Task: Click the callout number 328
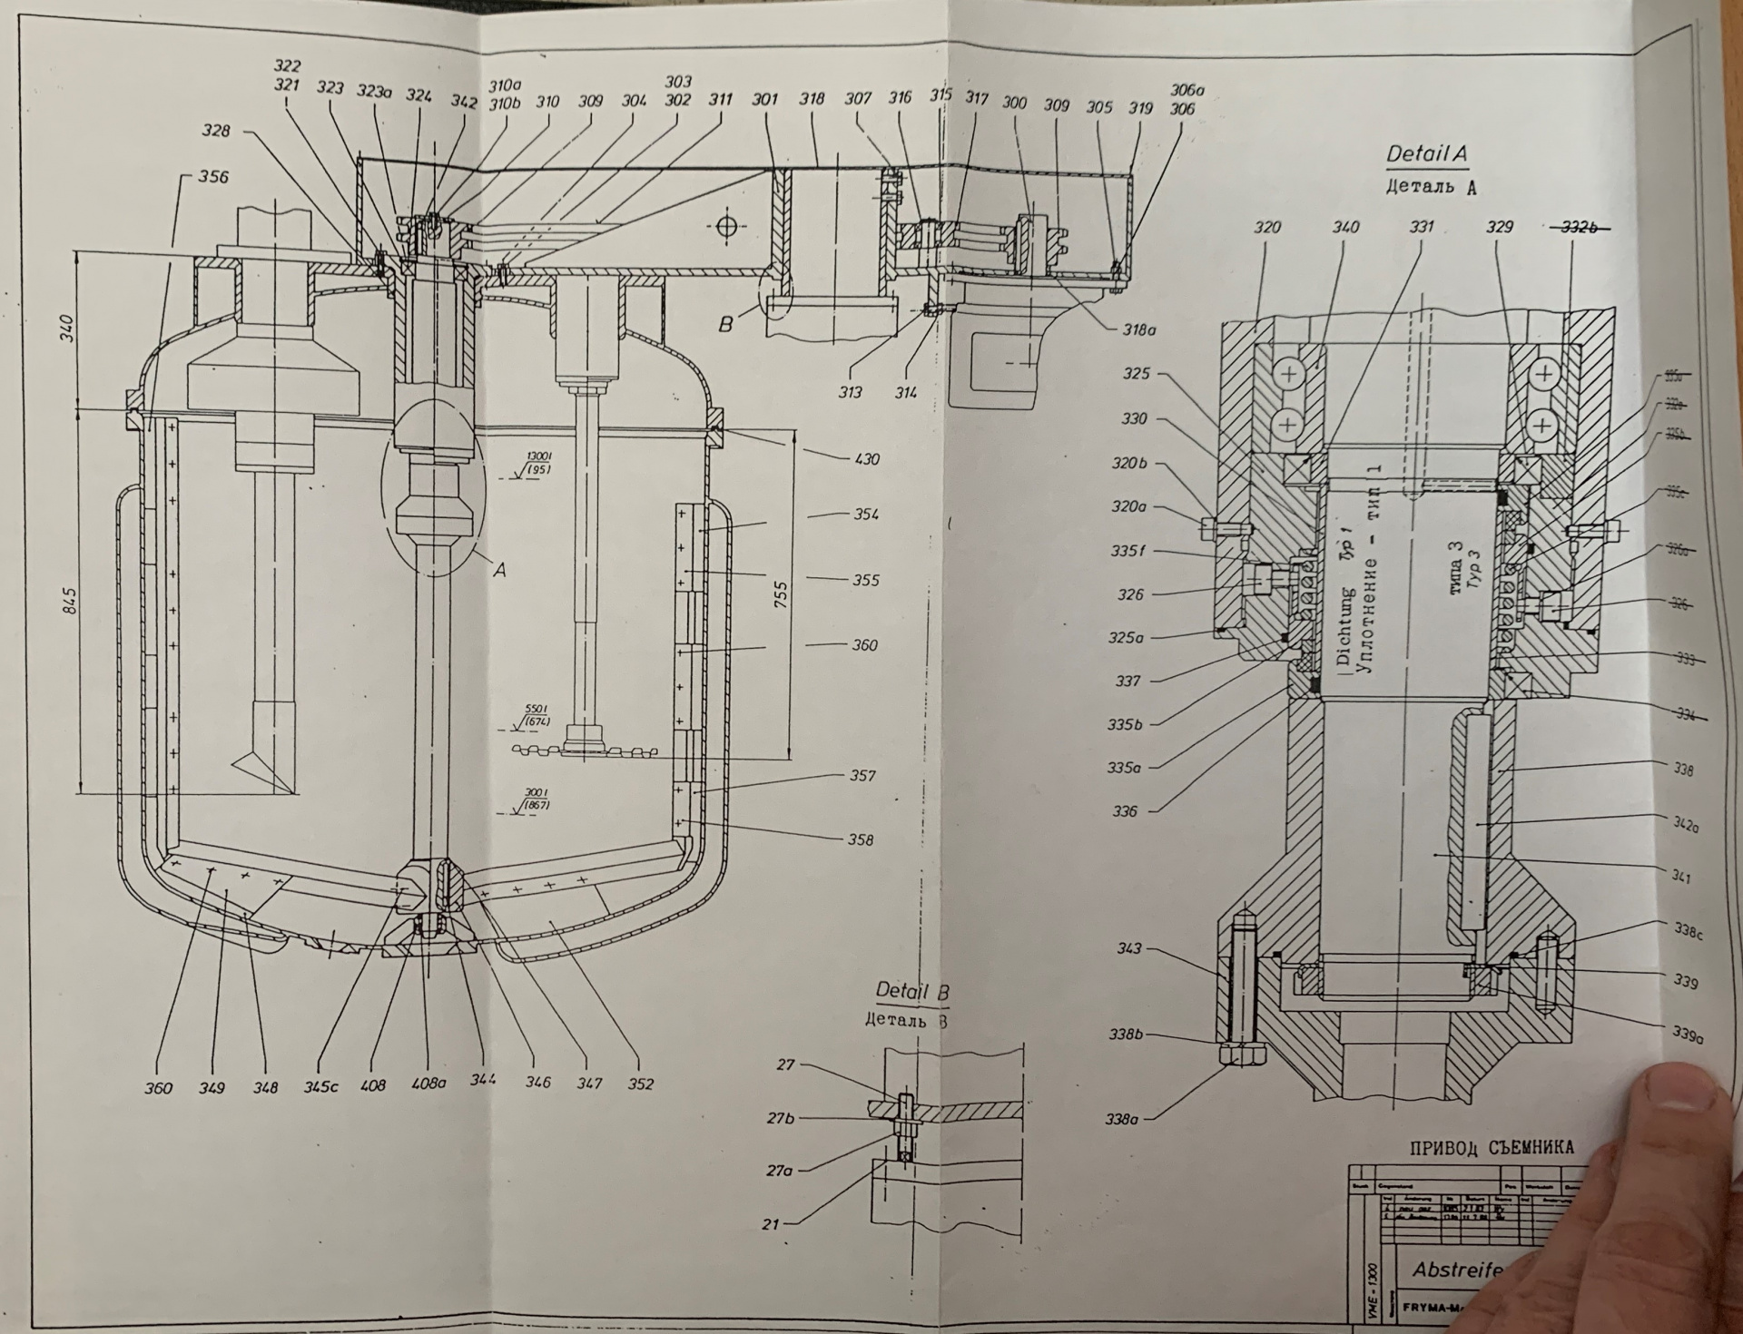tap(216, 131)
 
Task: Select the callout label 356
tap(214, 177)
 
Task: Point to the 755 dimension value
tap(780, 594)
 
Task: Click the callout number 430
tap(866, 459)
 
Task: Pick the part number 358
tap(860, 839)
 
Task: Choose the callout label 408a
tap(429, 1084)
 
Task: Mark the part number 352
tap(640, 1084)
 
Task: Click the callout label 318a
tap(1139, 331)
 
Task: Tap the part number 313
tap(851, 392)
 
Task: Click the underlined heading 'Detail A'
tap(1426, 153)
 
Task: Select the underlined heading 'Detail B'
tap(911, 991)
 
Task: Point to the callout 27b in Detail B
tap(781, 1118)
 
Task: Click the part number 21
tap(771, 1224)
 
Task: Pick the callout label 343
tap(1129, 948)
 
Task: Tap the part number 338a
tap(1122, 1120)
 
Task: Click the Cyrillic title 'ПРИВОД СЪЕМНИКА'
tap(1492, 1148)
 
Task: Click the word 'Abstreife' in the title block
tap(1454, 1270)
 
